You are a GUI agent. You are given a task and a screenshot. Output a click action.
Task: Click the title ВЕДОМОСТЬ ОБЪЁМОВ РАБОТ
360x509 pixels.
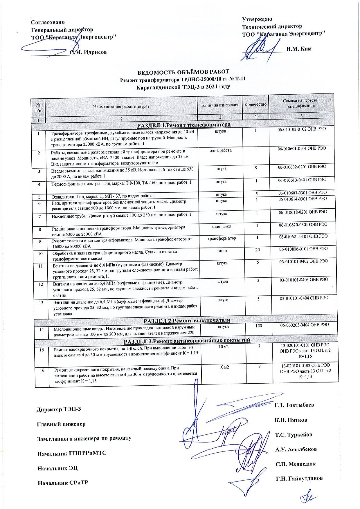(183, 71)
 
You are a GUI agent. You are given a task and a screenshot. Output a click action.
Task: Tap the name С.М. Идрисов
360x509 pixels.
(88, 52)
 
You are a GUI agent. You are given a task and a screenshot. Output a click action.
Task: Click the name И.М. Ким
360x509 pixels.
(299, 48)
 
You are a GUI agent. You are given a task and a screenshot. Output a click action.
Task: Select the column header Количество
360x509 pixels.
(255, 104)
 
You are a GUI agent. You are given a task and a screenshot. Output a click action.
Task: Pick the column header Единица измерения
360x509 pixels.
(220, 105)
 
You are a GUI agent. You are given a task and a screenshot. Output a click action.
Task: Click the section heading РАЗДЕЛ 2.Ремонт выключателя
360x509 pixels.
(187, 320)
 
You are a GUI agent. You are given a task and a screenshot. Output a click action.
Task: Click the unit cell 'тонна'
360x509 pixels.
(222, 251)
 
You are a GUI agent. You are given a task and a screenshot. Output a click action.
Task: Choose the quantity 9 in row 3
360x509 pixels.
(257, 167)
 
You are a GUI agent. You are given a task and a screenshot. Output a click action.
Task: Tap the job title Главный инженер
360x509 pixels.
(61, 424)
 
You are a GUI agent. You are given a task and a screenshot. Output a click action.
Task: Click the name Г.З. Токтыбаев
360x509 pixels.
(294, 405)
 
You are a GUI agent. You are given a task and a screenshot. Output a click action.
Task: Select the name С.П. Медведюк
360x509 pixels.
(295, 464)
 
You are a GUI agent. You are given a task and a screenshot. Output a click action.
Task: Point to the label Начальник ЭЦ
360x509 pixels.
(58, 468)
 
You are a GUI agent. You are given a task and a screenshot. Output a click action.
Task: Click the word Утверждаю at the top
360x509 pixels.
(257, 19)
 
